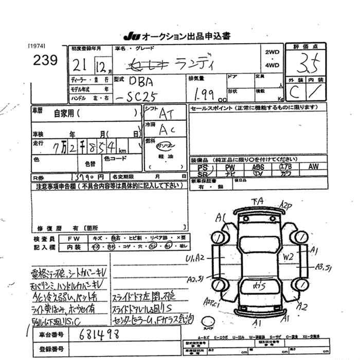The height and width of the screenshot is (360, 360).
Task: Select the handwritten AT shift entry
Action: coord(165,113)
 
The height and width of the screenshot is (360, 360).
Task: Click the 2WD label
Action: coord(272,52)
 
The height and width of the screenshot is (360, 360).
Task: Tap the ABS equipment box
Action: coord(258,167)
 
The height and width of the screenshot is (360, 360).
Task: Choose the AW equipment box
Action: coord(313,167)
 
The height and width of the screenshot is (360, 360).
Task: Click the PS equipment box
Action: coord(203,167)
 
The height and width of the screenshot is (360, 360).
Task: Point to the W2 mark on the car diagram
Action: coord(288,256)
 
